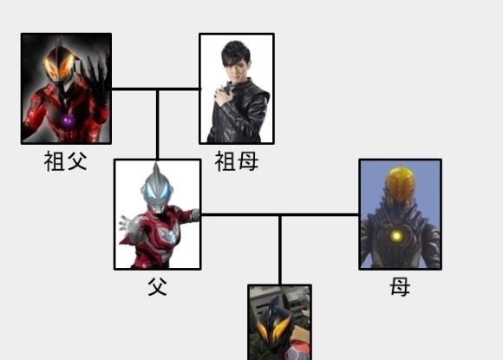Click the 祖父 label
(65, 161)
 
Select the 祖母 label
(237, 161)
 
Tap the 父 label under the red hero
(158, 286)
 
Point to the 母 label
(400, 286)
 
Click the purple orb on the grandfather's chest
(68, 121)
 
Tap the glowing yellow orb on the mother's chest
(397, 237)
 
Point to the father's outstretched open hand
(127, 226)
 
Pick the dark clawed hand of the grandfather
(95, 78)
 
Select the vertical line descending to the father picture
(158, 125)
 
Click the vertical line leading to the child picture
(280, 250)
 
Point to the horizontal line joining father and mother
(280, 214)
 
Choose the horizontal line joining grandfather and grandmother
(155, 88)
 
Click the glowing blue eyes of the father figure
(157, 193)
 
